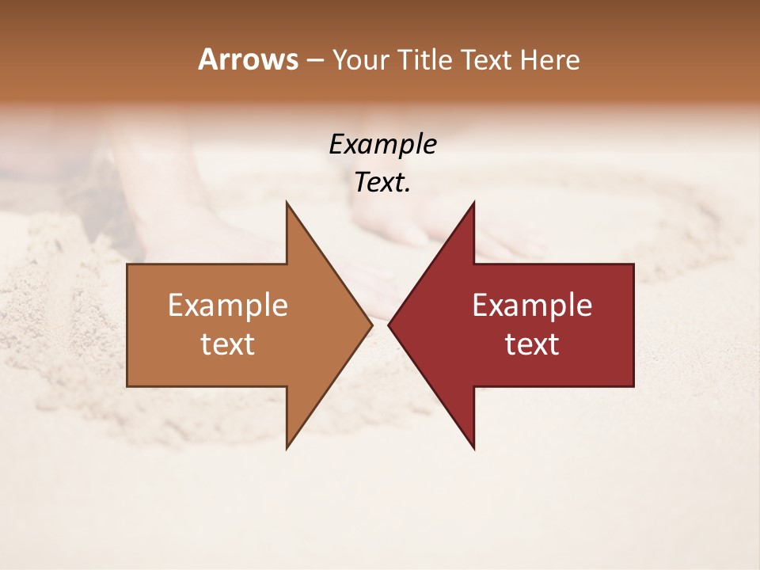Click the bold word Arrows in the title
(x=248, y=59)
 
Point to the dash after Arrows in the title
(x=314, y=60)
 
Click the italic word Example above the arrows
(x=382, y=144)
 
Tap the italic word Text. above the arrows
(x=382, y=183)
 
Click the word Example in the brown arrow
(x=227, y=305)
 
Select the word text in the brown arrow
(x=227, y=344)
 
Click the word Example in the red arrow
(x=532, y=305)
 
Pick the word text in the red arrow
(x=532, y=344)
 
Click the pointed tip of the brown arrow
(x=371, y=325)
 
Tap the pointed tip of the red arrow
(x=389, y=325)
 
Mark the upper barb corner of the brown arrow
(x=287, y=203)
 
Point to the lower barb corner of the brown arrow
(x=287, y=447)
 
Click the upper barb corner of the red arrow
(x=473, y=203)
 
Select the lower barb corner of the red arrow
(x=473, y=447)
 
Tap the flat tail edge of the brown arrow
(x=127, y=325)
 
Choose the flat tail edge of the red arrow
(x=633, y=325)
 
